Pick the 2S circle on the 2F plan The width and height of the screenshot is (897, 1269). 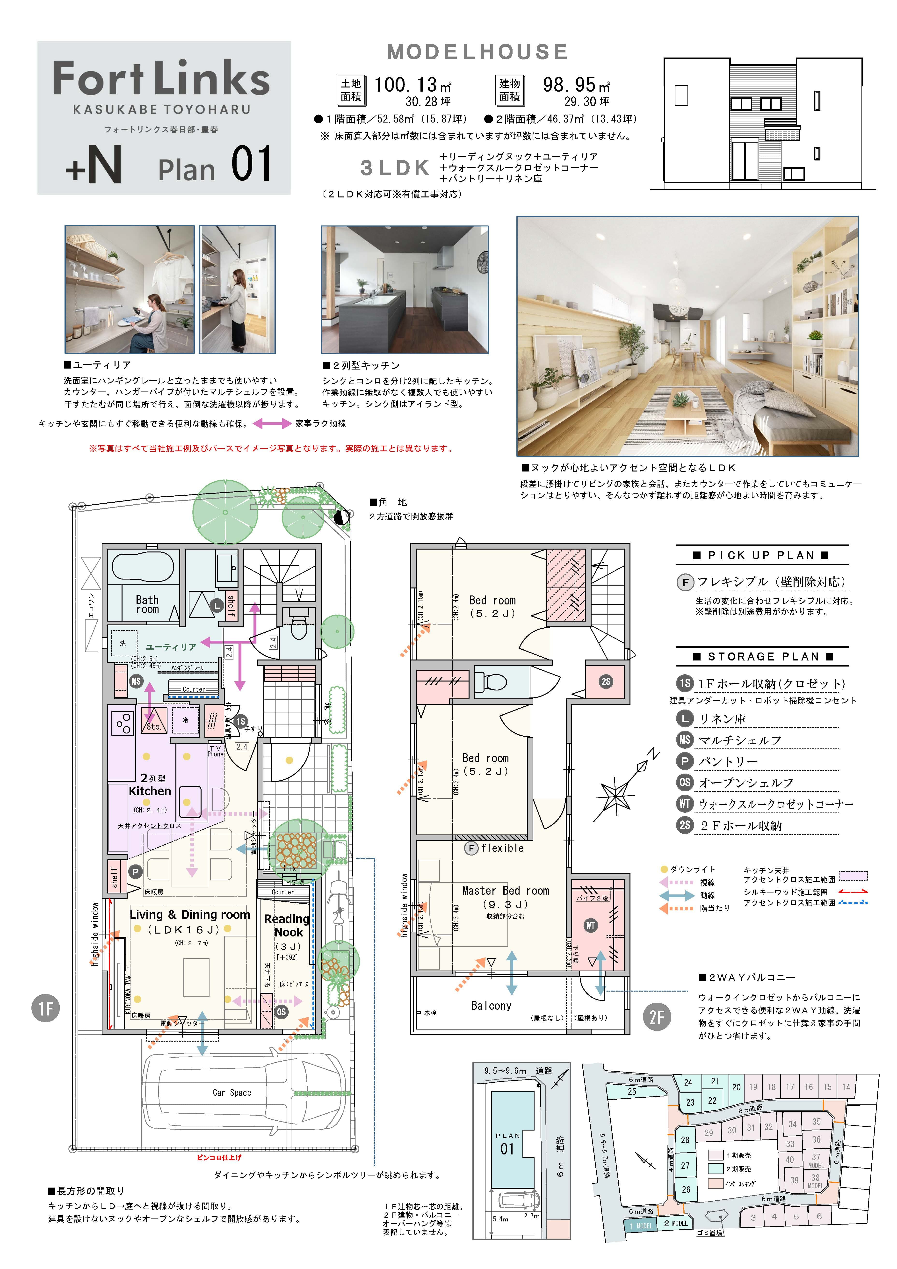[x=606, y=682]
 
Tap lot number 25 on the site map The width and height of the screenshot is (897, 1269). [x=632, y=1092]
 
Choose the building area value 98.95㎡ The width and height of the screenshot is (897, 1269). [x=576, y=85]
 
